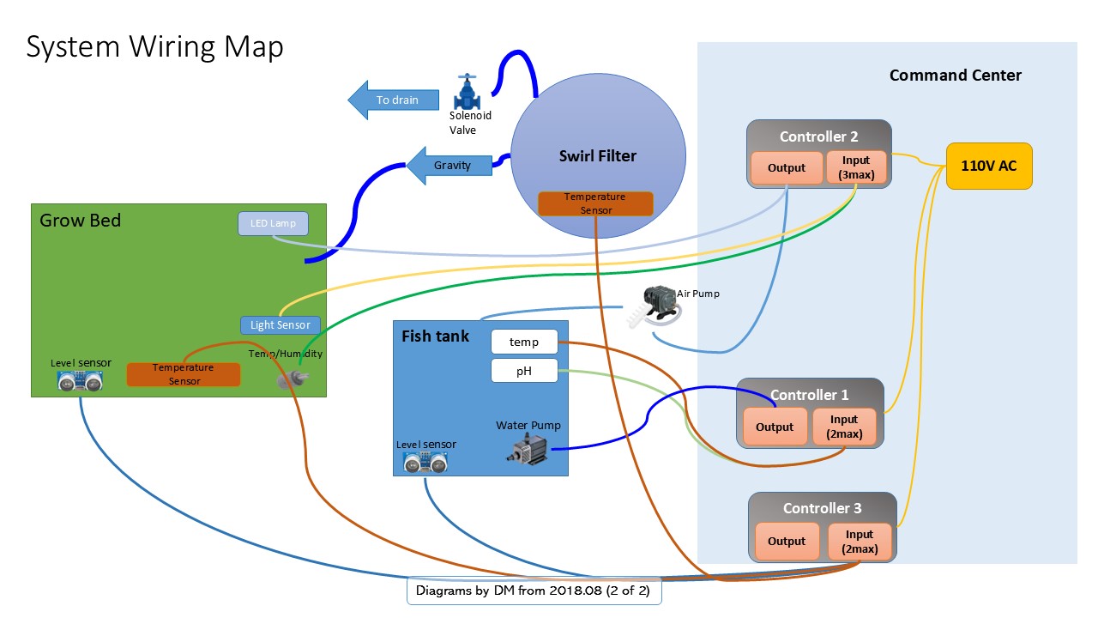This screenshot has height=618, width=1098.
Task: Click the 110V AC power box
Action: click(x=988, y=166)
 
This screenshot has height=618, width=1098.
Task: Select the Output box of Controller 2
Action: click(x=787, y=167)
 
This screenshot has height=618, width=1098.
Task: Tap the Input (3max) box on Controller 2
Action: click(x=855, y=167)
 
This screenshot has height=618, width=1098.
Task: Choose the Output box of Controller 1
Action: click(x=775, y=427)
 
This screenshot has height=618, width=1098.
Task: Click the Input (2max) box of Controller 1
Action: click(x=844, y=427)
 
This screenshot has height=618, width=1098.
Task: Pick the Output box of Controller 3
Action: click(x=787, y=541)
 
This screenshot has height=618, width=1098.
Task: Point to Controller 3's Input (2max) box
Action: click(x=860, y=541)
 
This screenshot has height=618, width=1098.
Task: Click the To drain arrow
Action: click(x=394, y=100)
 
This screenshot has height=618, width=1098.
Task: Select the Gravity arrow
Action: click(x=449, y=165)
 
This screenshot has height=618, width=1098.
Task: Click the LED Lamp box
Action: click(x=273, y=224)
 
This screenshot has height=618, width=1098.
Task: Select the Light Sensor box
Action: click(x=281, y=325)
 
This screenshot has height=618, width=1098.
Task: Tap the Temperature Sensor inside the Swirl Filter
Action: click(x=594, y=203)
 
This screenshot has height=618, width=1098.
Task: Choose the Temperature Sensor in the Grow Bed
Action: click(x=183, y=374)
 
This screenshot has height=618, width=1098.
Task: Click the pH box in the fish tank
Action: click(x=524, y=371)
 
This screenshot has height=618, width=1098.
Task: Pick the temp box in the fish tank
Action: click(x=524, y=342)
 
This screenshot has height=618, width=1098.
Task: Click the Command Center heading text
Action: click(x=955, y=76)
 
